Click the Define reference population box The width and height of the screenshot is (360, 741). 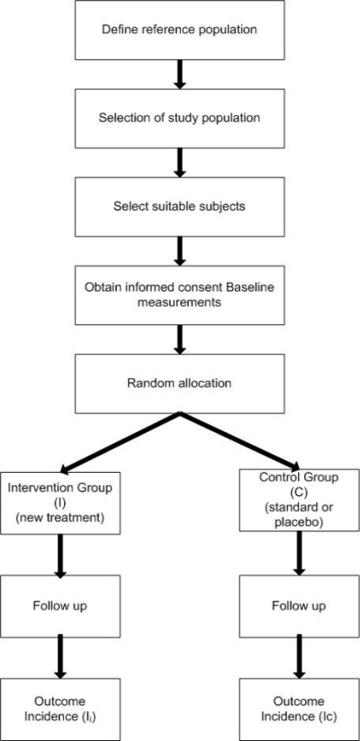(x=179, y=30)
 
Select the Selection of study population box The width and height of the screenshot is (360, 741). (x=179, y=117)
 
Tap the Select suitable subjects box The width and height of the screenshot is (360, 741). (x=179, y=206)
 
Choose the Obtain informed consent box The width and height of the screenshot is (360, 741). (x=179, y=295)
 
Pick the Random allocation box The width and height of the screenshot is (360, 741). (x=179, y=384)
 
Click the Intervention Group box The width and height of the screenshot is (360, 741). (x=60, y=502)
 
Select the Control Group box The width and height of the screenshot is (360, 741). (x=299, y=500)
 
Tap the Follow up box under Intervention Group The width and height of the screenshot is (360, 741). (x=60, y=605)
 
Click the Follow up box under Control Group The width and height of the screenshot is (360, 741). (x=299, y=605)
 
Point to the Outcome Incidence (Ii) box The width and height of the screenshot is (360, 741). (x=60, y=709)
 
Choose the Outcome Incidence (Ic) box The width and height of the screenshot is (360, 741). (x=299, y=709)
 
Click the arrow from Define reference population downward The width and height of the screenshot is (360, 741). (x=179, y=74)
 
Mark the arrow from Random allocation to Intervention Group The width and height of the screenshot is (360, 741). (x=120, y=442)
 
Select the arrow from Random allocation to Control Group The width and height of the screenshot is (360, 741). (x=238, y=441)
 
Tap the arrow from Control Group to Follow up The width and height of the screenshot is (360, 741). (x=299, y=553)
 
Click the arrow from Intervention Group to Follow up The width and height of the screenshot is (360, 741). (x=60, y=554)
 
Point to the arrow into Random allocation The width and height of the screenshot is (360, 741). (x=179, y=339)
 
